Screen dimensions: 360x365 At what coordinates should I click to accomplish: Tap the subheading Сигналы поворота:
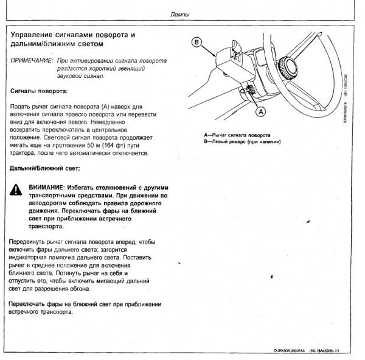tap(39, 90)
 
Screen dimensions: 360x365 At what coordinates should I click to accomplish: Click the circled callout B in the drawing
tap(196, 42)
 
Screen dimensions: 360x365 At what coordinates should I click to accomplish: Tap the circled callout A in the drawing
tap(260, 112)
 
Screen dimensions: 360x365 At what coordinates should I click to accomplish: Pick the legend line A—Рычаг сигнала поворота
tap(238, 135)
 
